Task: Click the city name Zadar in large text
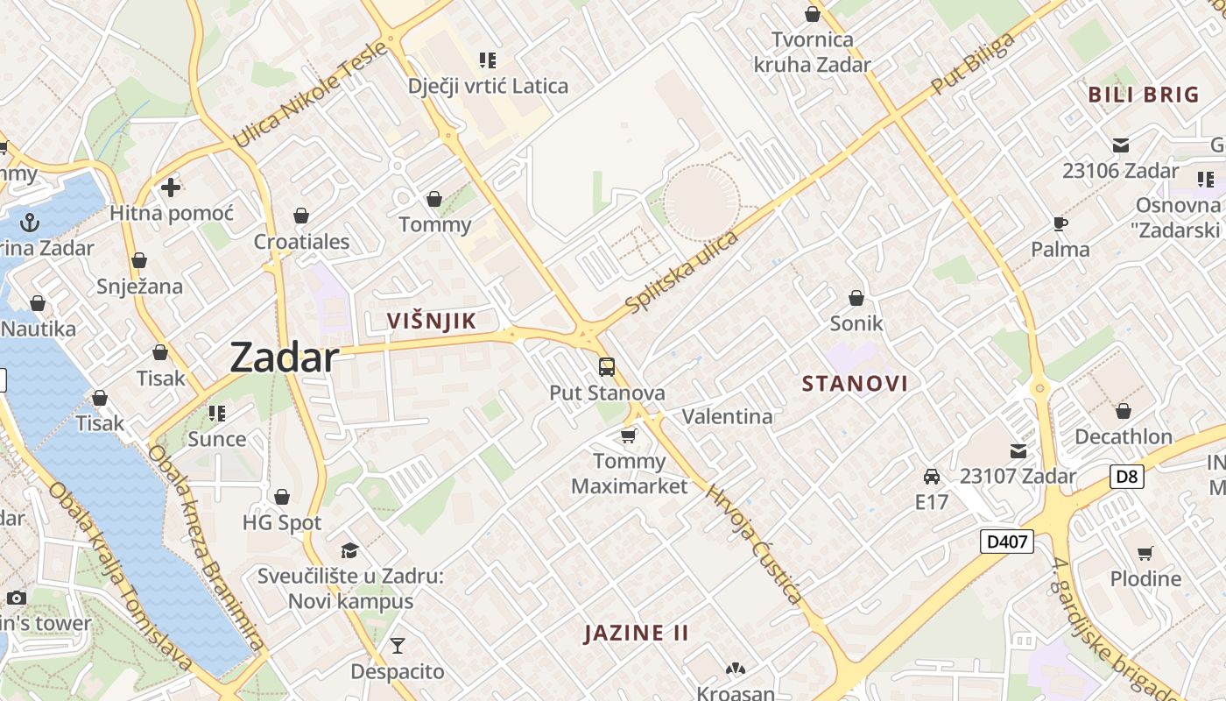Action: [284, 358]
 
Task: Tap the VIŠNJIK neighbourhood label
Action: [432, 321]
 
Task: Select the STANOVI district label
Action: [855, 383]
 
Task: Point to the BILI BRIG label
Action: [1143, 95]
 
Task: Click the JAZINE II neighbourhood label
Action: [637, 633]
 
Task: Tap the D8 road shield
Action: [1127, 477]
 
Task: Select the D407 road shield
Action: [1007, 542]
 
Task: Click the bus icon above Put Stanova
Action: [607, 367]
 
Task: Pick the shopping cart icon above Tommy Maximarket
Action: [628, 435]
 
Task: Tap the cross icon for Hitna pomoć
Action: [171, 187]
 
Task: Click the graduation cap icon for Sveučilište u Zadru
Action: [350, 550]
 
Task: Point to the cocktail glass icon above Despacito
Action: [398, 646]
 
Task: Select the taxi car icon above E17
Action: [932, 477]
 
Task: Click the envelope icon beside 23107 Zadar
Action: [1018, 451]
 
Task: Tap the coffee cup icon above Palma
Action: [1060, 223]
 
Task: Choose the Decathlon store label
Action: [1123, 436]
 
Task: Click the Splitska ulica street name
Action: [683, 271]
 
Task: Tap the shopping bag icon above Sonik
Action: [856, 298]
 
